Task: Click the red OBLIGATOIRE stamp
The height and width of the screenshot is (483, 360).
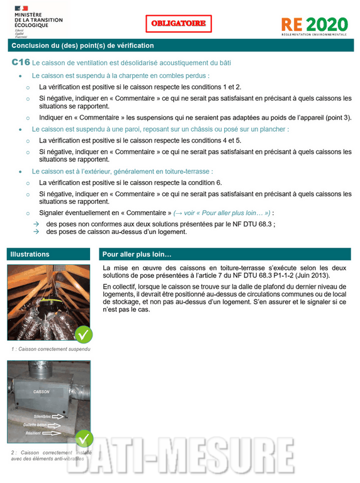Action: point(179,24)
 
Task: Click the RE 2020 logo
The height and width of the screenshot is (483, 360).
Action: point(313,25)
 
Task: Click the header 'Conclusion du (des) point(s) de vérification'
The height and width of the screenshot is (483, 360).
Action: point(82,45)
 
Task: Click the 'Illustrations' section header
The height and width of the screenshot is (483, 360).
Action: point(30,254)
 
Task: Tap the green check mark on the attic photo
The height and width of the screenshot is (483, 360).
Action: point(83,334)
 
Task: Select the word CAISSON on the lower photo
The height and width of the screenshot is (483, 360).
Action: point(41,391)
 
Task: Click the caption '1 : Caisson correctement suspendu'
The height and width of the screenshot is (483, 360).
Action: point(51,348)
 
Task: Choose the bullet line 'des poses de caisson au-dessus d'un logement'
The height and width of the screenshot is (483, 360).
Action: point(116,231)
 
